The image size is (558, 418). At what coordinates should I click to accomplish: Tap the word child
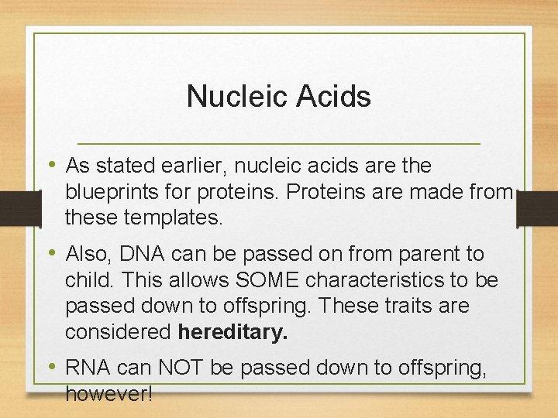(87, 279)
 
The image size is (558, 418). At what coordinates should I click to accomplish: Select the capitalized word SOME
(260, 279)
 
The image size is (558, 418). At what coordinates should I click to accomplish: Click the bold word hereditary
(232, 332)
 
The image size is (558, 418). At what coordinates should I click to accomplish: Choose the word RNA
(88, 368)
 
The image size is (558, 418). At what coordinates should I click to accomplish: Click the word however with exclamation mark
(108, 394)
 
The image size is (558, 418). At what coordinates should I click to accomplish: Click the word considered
(118, 332)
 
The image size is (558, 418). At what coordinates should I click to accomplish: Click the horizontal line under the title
(279, 144)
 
